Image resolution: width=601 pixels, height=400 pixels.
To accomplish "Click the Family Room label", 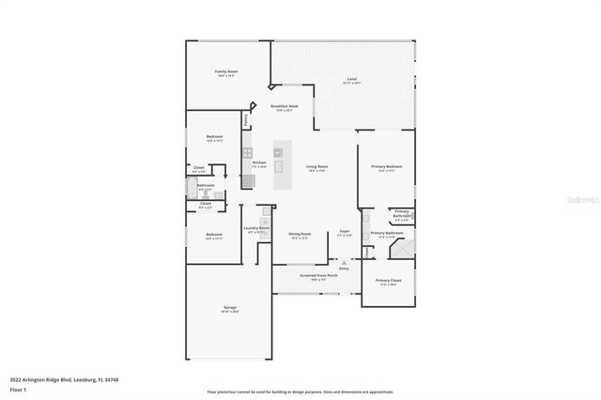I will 224,72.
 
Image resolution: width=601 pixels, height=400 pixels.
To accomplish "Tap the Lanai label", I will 351,79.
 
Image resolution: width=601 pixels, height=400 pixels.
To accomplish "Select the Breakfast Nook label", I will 285,108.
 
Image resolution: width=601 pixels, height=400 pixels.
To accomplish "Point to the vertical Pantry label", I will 246,119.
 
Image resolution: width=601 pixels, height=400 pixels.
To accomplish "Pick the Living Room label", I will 316,167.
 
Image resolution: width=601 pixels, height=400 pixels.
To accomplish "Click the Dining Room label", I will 300,235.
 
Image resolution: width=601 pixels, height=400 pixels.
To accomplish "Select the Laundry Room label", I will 257,228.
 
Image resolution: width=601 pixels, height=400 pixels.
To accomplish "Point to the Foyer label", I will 345,233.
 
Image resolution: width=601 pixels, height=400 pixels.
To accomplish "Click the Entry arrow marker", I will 344,263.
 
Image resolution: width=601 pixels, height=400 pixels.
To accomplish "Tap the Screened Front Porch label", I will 314,276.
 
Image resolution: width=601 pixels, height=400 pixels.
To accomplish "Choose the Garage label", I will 229,309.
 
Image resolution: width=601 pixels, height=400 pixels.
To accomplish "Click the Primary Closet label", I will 387,281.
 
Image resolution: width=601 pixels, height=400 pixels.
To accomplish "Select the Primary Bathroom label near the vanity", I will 387,234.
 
